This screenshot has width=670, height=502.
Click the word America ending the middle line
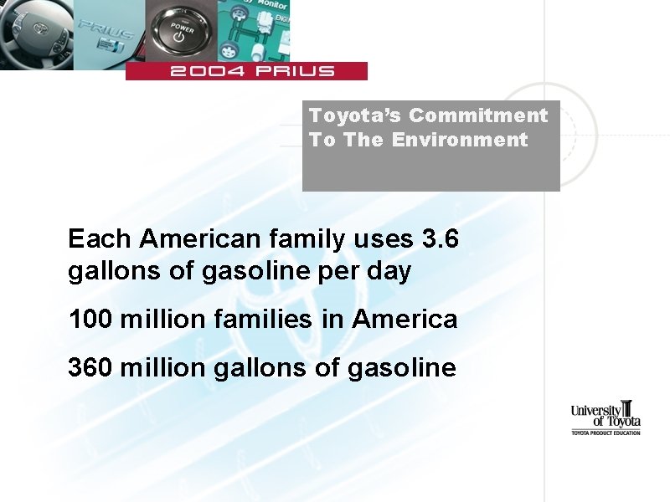tap(405, 319)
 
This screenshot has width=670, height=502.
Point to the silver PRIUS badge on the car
tap(106, 38)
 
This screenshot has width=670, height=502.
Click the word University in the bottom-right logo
tap(596, 410)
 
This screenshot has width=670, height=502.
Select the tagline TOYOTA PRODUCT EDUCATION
tap(606, 433)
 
